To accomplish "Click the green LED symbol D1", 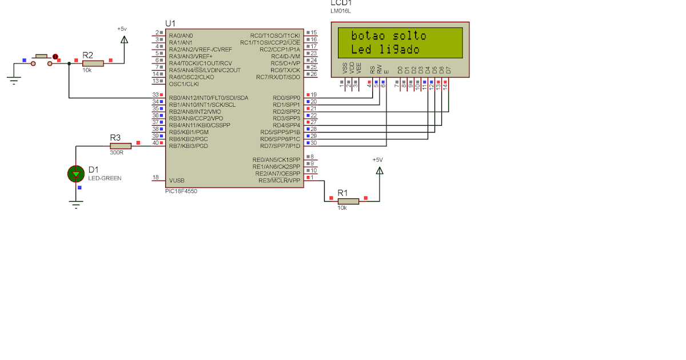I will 76,174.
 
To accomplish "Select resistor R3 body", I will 120,146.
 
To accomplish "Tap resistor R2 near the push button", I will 93,63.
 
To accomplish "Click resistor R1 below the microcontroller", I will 348,201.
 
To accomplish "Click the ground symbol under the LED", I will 76,204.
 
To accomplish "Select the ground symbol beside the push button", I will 14,79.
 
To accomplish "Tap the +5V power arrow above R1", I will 379,170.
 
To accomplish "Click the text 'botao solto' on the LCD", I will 389,36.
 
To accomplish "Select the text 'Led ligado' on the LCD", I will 385,50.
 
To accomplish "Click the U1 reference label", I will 170,23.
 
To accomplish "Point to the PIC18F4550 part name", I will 181,191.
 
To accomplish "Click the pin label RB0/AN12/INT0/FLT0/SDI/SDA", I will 209,98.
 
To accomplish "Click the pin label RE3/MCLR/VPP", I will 280,180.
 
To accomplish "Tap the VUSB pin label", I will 177,180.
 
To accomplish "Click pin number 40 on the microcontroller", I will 155,143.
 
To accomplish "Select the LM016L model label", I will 340,11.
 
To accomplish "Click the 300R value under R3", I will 117,153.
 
